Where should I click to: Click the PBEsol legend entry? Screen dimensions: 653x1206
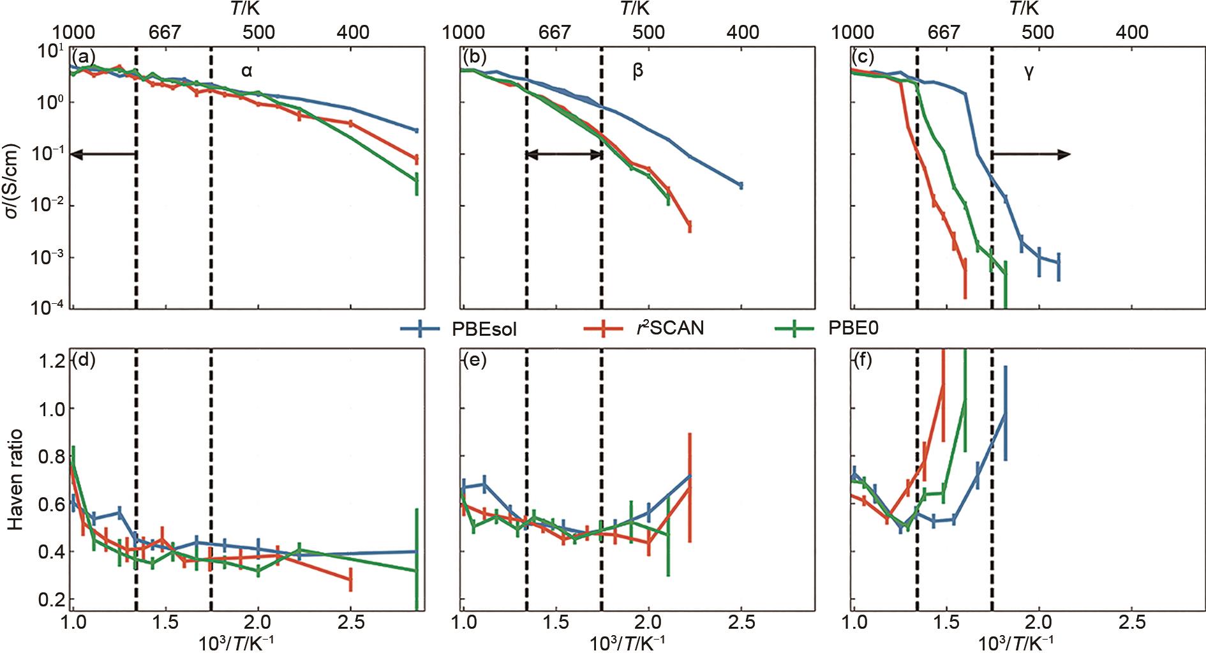pyautogui.click(x=458, y=329)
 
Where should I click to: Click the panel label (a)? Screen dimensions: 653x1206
pyautogui.click(x=84, y=56)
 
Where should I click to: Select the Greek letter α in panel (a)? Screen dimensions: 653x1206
pyautogui.click(x=247, y=71)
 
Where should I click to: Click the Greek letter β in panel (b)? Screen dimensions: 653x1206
pyautogui.click(x=637, y=71)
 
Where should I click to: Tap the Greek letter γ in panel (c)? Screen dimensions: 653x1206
pyautogui.click(x=1029, y=71)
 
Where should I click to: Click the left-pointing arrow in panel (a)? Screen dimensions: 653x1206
pyautogui.click(x=103, y=154)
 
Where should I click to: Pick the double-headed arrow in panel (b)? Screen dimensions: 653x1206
pyautogui.click(x=563, y=154)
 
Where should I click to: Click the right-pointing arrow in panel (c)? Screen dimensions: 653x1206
pyautogui.click(x=1031, y=154)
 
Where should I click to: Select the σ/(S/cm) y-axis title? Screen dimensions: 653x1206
pyautogui.click(x=14, y=181)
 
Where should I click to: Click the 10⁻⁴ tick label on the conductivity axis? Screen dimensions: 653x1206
pyautogui.click(x=47, y=308)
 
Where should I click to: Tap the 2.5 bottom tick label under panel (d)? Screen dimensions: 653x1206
pyautogui.click(x=350, y=622)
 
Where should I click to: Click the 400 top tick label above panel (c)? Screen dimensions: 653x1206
pyautogui.click(x=1131, y=32)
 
